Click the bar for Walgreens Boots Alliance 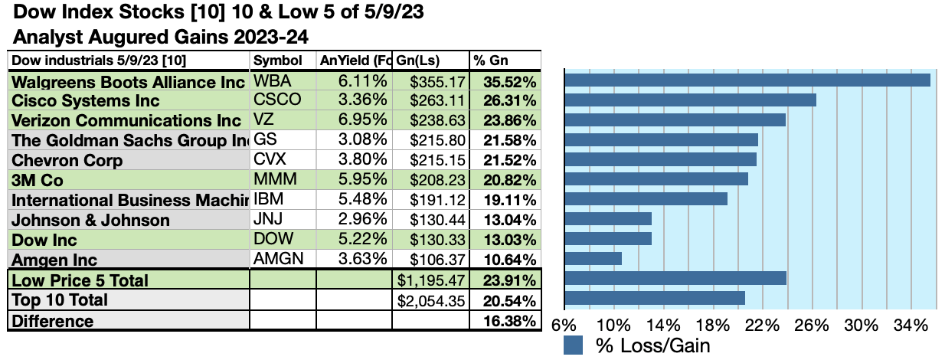(x=747, y=80)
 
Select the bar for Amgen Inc (x=593, y=258)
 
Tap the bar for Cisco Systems (x=690, y=100)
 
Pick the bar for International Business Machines (x=646, y=199)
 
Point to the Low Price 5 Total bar (x=675, y=278)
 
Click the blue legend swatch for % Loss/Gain (x=574, y=345)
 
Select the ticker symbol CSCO (x=276, y=100)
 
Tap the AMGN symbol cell (x=278, y=258)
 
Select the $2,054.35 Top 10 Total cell (x=432, y=300)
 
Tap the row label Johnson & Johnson (x=91, y=220)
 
